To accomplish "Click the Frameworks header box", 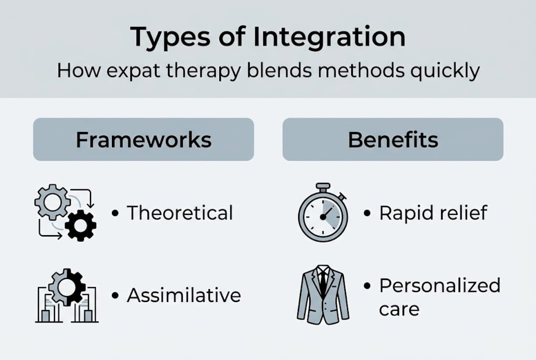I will [143, 139].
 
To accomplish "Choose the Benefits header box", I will [393, 139].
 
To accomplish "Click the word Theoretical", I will [180, 213].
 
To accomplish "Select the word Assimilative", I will [184, 295].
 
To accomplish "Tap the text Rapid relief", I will [433, 213].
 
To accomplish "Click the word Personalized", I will [440, 285].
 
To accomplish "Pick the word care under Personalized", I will [399, 308].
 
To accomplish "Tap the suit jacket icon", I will [323, 295].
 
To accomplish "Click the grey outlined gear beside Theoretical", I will [52, 201].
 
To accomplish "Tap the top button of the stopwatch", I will [323, 186].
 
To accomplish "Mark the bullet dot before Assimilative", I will [115, 295].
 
